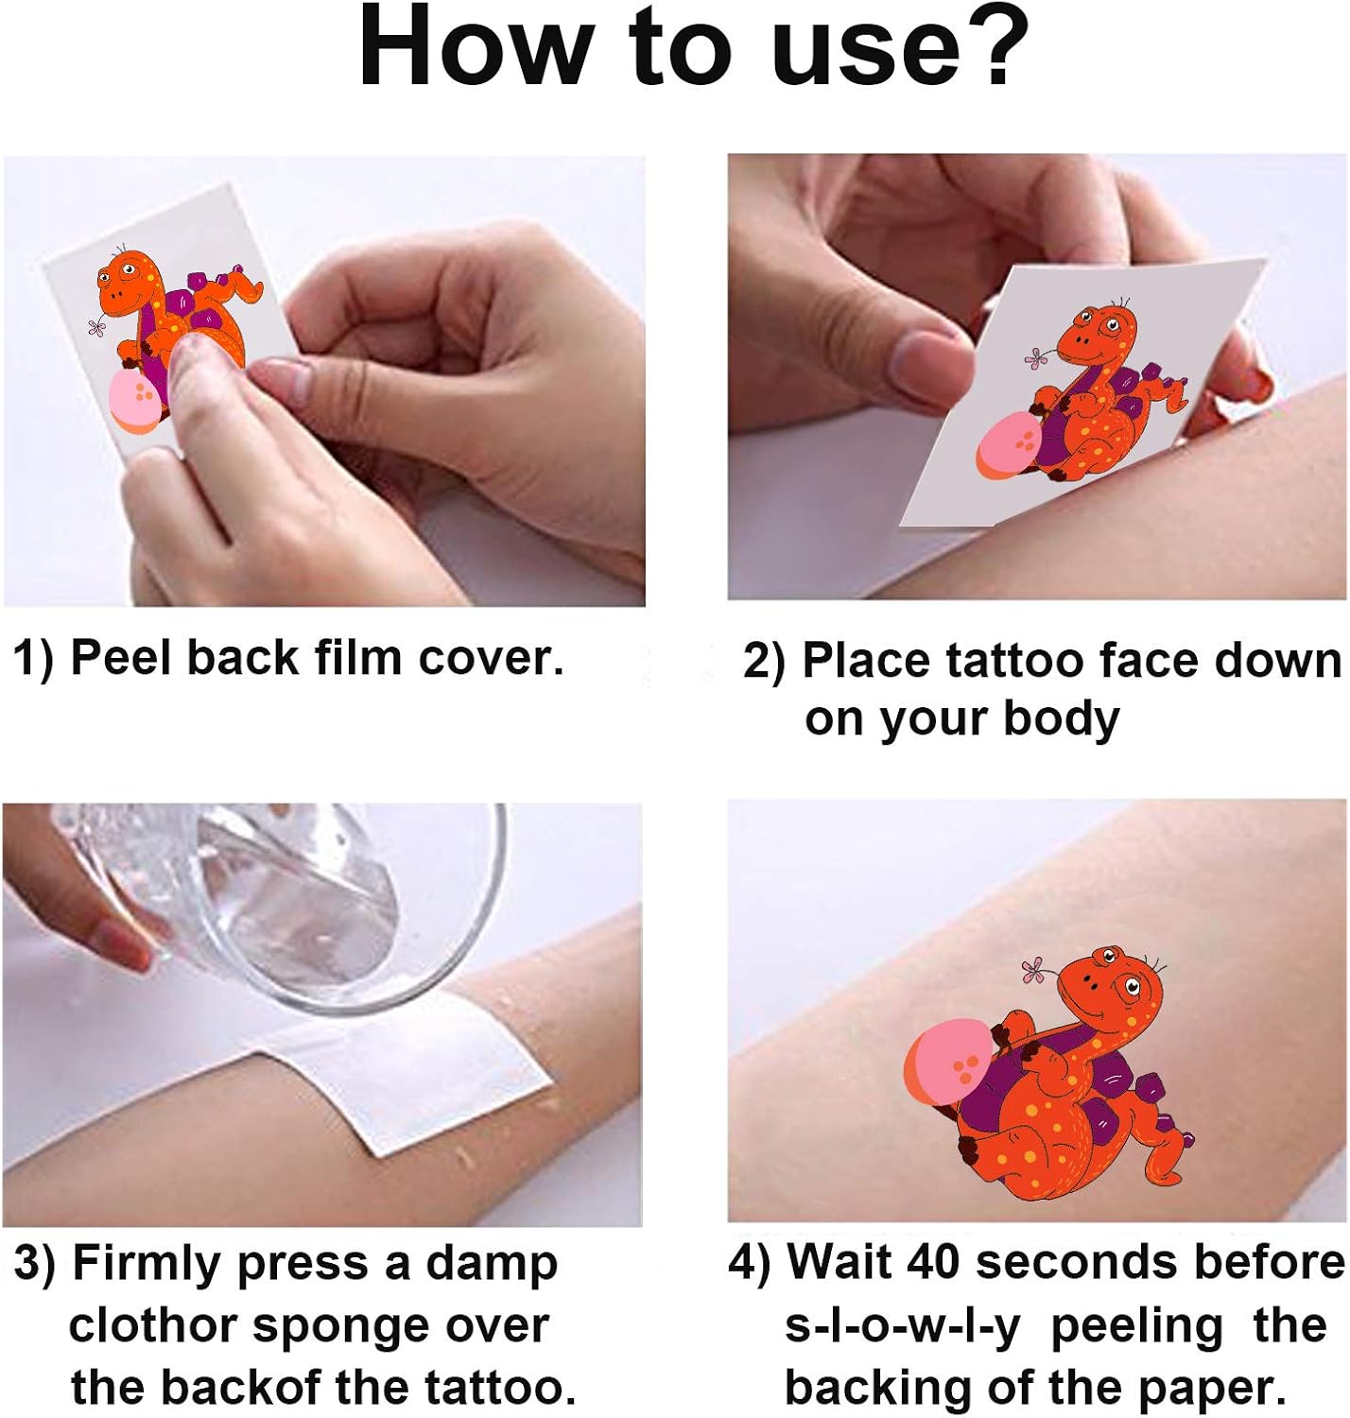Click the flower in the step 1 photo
(x=96, y=327)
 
